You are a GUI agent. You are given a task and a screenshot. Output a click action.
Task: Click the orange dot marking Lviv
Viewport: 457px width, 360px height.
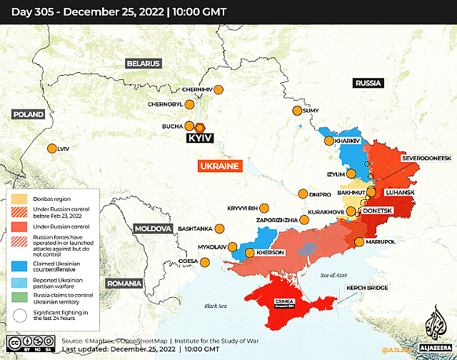pos(52,149)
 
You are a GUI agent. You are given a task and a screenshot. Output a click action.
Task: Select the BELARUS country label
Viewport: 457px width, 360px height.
pos(144,63)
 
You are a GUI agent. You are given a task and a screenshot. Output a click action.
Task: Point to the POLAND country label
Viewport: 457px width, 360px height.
pos(28,114)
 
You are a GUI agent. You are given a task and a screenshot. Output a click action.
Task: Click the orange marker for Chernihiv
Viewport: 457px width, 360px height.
pos(219,90)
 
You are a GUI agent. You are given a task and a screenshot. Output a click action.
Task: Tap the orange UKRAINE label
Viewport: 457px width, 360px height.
pos(219,166)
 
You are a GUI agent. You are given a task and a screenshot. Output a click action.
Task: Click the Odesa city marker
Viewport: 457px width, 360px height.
pos(204,261)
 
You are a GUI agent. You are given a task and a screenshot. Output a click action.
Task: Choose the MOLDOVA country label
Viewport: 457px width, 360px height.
pos(153,229)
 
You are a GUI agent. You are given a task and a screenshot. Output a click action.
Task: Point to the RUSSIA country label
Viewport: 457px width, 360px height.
pos(368,84)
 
